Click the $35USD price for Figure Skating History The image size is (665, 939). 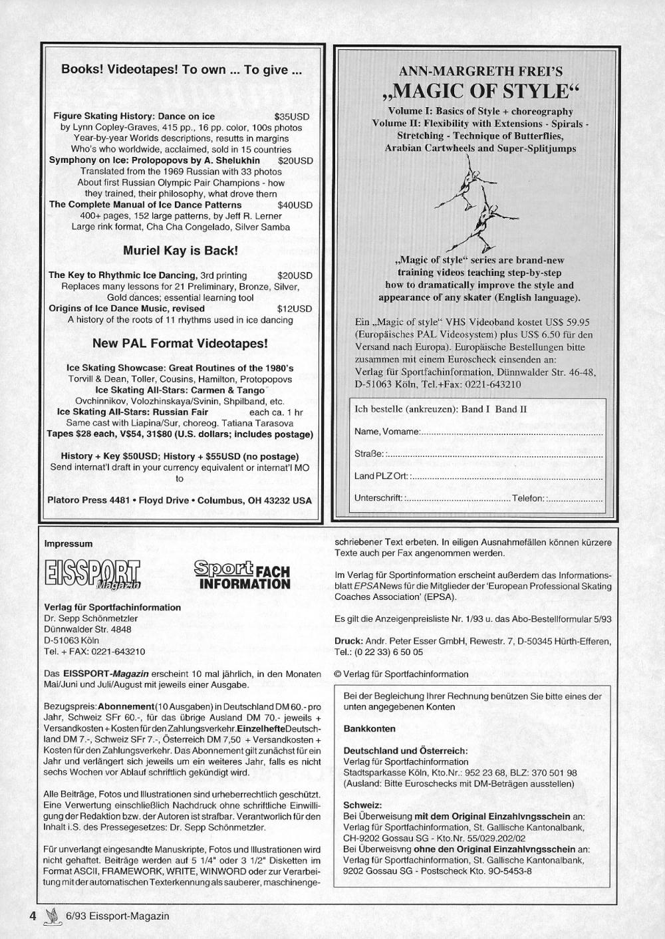291,116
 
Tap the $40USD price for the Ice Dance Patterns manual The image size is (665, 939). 295,205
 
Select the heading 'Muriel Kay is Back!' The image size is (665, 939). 180,251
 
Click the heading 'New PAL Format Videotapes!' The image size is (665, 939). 180,344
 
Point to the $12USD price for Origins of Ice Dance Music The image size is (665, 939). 295,309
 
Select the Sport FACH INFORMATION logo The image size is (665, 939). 242,575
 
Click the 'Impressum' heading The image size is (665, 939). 68,543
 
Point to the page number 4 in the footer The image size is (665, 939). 32,916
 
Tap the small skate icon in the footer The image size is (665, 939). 51,916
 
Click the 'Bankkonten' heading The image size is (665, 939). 369,728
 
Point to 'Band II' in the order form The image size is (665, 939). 511,409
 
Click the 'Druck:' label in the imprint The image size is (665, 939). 348,641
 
